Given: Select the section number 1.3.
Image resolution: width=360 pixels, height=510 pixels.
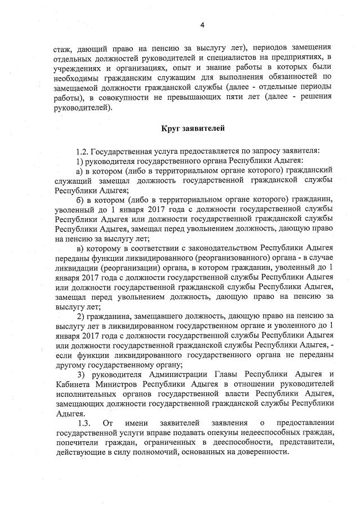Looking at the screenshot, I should [85, 423].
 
